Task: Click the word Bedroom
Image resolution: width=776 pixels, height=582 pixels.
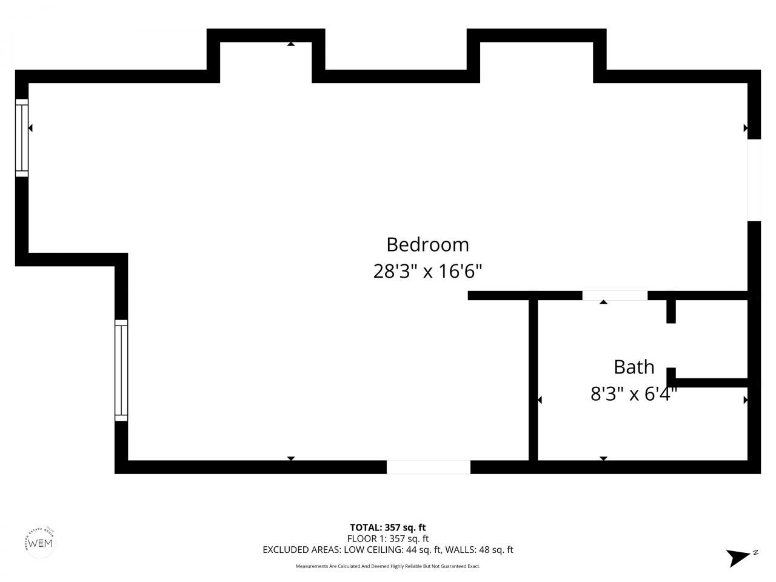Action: click(x=427, y=244)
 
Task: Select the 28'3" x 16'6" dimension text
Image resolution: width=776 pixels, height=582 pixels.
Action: click(x=427, y=271)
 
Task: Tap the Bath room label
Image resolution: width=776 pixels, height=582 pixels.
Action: click(x=634, y=367)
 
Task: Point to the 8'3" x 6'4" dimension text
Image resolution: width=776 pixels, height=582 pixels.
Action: click(x=634, y=395)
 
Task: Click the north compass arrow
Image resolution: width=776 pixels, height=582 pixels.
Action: click(x=740, y=557)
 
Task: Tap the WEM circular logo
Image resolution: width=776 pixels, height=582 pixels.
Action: click(x=41, y=542)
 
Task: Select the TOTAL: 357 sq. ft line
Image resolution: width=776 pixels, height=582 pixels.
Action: click(x=392, y=527)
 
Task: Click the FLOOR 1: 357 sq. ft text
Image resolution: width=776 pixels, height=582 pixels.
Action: click(x=388, y=538)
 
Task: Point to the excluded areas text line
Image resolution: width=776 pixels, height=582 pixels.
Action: click(x=388, y=550)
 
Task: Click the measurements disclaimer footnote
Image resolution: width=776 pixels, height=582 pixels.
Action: click(x=388, y=566)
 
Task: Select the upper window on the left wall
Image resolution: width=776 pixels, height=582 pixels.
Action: click(x=22, y=138)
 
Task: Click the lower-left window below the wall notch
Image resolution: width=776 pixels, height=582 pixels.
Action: click(x=121, y=370)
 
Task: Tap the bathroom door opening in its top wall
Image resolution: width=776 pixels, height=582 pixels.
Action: click(x=615, y=296)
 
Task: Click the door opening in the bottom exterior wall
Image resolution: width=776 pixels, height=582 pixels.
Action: click(x=428, y=467)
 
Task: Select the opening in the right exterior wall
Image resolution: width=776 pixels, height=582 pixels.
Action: click(x=754, y=180)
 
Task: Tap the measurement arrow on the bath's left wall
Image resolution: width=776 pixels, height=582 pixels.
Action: click(x=540, y=400)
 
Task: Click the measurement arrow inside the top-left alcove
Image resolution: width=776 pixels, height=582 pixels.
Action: click(x=291, y=44)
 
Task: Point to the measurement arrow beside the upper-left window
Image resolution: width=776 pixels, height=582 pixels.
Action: click(x=30, y=128)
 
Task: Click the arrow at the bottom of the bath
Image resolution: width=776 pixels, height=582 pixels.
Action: click(x=603, y=458)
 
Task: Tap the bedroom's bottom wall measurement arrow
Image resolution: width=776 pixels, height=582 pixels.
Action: click(x=291, y=458)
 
